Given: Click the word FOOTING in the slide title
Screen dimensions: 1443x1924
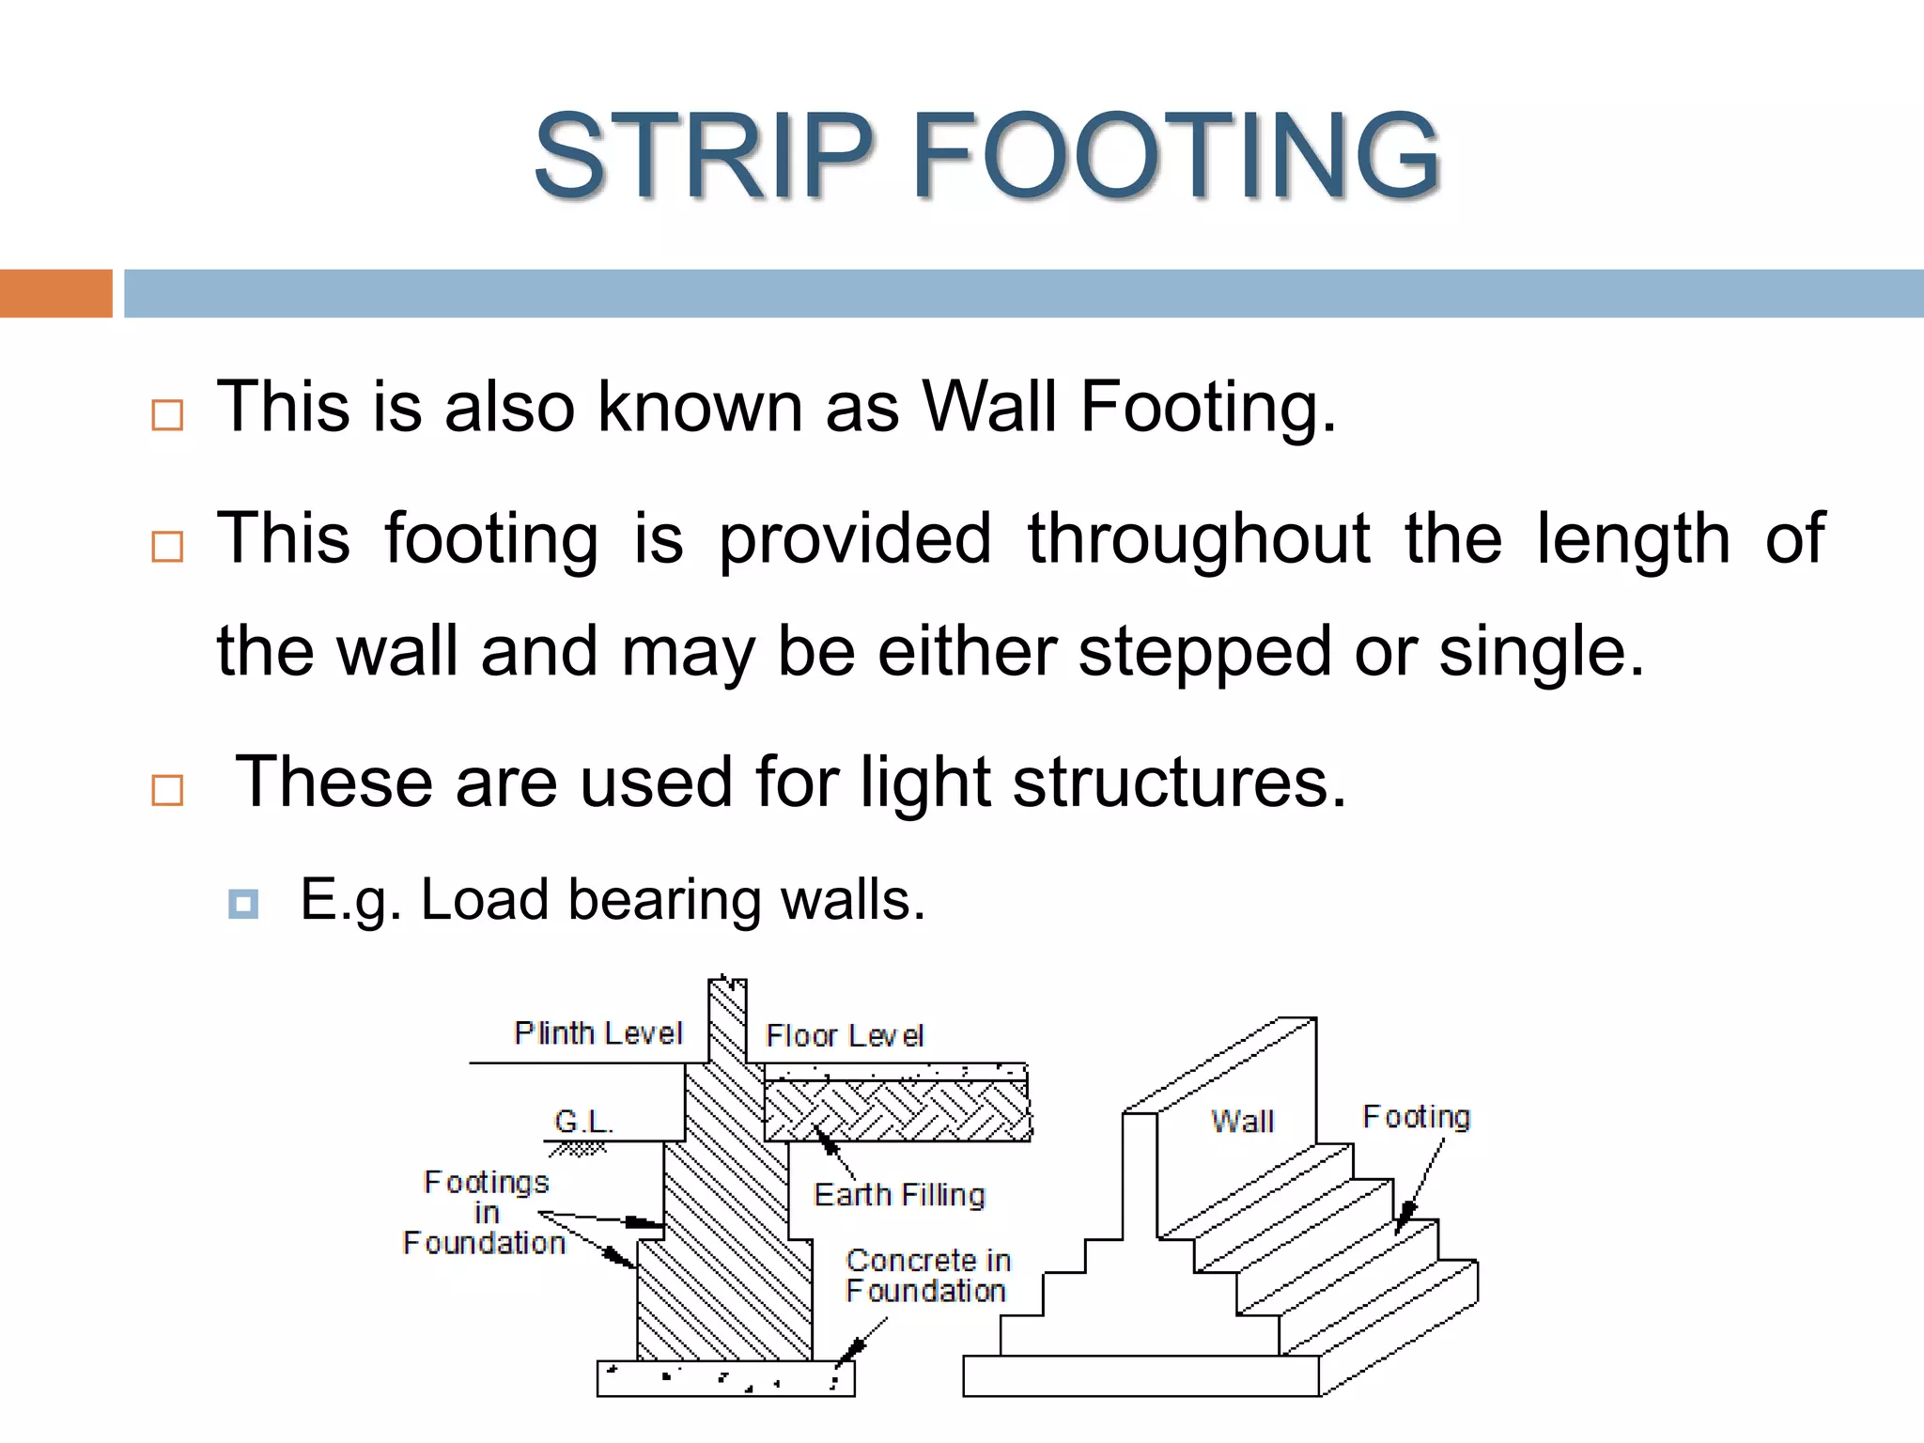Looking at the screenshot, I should pos(1176,157).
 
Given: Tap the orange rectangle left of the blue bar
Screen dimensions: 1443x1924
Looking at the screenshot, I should pos(55,293).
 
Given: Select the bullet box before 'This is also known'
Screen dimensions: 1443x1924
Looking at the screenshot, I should pos(167,414).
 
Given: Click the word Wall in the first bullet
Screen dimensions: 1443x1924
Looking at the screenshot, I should pos(991,408).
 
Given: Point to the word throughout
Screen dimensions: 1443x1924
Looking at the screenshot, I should pos(1199,539).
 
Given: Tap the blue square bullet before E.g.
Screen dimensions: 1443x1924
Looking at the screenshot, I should pos(243,904).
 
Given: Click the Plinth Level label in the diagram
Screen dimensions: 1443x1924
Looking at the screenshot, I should pos(598,1033).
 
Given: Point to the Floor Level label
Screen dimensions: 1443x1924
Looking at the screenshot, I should pos(845,1035).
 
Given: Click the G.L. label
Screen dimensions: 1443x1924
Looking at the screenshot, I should pos(583,1121).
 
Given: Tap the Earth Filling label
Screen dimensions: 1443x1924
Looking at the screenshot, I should pos(899,1195).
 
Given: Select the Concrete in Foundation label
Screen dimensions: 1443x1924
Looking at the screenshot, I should pos(927,1275).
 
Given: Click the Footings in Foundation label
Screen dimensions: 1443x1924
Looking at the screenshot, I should pos(486,1212).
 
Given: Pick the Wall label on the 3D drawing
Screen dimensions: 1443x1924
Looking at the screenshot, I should pos(1242,1121).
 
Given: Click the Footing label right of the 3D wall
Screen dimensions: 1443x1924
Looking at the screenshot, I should pos(1417,1117).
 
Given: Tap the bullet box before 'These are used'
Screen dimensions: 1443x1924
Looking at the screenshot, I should pos(167,790).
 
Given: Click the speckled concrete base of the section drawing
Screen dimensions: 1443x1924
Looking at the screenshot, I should pos(725,1378).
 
